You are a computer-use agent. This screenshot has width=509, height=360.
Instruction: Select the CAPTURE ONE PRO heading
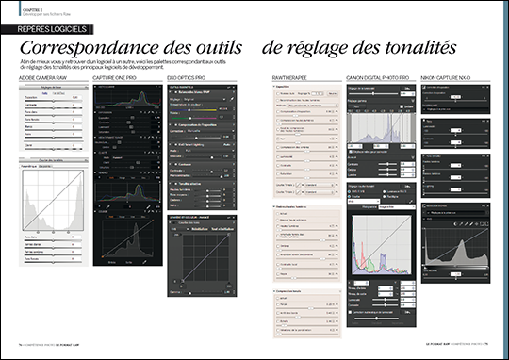[118, 78]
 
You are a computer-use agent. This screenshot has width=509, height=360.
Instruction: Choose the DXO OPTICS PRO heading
[191, 78]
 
